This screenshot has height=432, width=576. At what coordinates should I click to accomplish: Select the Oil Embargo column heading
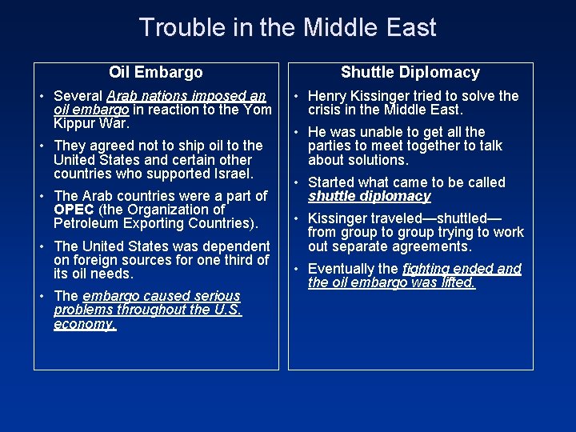(x=156, y=73)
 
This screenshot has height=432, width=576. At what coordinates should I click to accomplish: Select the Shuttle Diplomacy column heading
(x=410, y=73)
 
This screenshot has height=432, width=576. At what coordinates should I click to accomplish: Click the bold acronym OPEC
(x=73, y=210)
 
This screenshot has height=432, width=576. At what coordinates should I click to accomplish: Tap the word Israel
(x=231, y=174)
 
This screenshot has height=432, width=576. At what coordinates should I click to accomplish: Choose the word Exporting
(x=152, y=223)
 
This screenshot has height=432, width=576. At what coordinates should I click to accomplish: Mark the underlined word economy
(x=85, y=324)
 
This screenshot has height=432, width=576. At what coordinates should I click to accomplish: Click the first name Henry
(x=328, y=96)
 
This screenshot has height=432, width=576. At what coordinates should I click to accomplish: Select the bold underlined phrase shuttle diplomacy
(x=369, y=196)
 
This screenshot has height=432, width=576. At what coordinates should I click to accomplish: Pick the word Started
(x=332, y=182)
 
